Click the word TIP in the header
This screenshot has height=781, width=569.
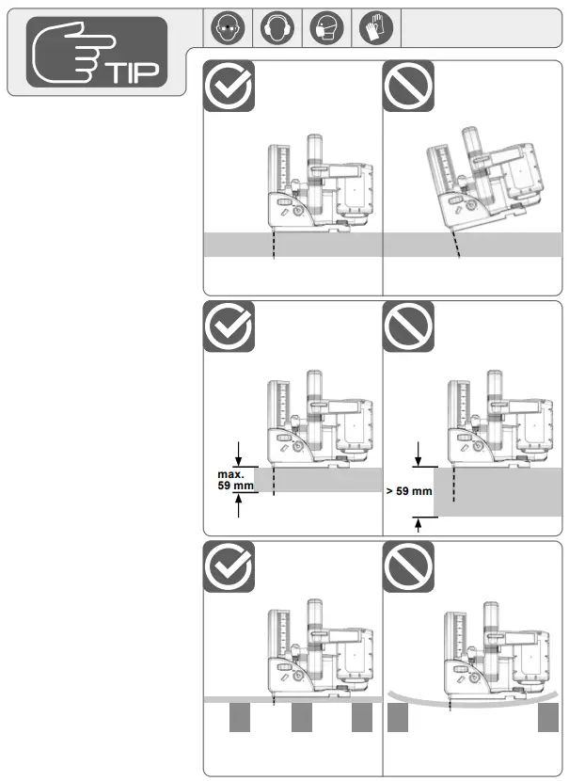pyautogui.click(x=135, y=72)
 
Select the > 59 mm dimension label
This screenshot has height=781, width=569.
pyautogui.click(x=409, y=491)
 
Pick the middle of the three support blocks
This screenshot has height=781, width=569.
pyautogui.click(x=301, y=719)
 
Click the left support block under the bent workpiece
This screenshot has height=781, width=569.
pyautogui.click(x=397, y=719)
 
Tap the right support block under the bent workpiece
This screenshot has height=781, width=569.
pyautogui.click(x=549, y=719)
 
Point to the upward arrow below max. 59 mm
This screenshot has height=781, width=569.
pyautogui.click(x=241, y=505)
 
